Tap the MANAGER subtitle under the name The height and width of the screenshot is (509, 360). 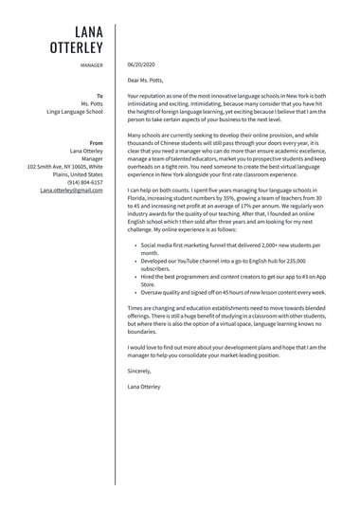coord(92,65)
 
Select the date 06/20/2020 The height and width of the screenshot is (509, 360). coord(141,65)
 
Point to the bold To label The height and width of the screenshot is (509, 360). coord(99,96)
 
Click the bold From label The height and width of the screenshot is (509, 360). coord(97,142)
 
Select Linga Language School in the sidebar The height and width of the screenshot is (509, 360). coord(75,112)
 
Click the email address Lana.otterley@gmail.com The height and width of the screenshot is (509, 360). coord(72,190)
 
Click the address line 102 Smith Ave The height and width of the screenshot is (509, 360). coord(65,166)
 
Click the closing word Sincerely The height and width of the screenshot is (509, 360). coord(139,372)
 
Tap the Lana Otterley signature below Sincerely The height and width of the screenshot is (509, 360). coord(144,387)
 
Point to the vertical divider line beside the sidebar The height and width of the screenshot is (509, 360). coord(116,256)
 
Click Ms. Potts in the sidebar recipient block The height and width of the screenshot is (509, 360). coord(92,103)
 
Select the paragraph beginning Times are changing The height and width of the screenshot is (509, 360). coord(226,320)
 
